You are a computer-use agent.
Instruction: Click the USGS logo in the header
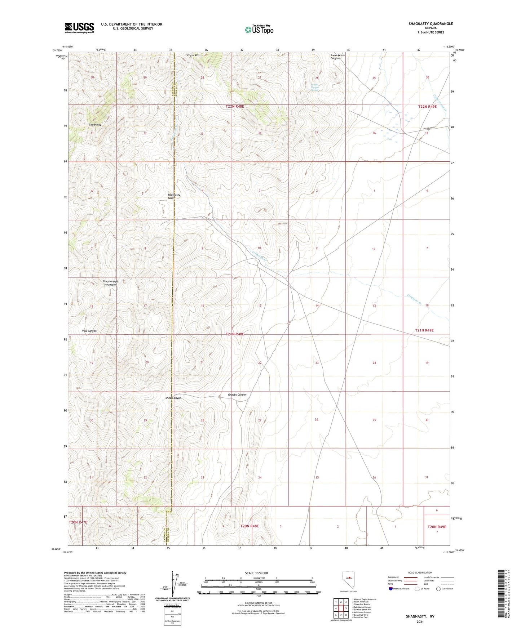click(x=79, y=28)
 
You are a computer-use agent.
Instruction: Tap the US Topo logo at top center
click(x=259, y=29)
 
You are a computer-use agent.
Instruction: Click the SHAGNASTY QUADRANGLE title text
click(x=431, y=24)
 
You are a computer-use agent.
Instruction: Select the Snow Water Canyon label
click(x=337, y=57)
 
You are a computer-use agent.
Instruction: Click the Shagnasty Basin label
click(x=174, y=196)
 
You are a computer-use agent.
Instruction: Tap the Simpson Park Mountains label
click(x=110, y=283)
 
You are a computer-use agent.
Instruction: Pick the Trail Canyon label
click(x=89, y=331)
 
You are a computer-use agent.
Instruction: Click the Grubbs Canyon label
click(x=237, y=394)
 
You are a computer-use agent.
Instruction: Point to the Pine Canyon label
click(x=173, y=398)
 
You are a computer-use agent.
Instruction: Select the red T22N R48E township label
click(x=235, y=106)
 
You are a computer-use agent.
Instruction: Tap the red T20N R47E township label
click(x=78, y=522)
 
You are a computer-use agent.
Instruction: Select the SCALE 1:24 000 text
click(x=256, y=573)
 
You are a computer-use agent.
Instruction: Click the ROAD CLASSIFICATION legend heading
click(x=420, y=572)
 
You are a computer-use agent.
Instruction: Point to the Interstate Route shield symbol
click(x=391, y=589)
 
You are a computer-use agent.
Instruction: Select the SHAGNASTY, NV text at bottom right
click(x=420, y=616)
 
